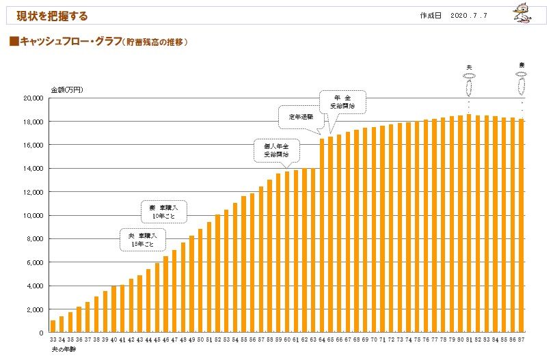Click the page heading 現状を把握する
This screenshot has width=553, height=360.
[53, 15]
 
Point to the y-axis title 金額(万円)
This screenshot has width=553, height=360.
[67, 90]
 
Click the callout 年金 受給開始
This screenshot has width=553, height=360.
[342, 102]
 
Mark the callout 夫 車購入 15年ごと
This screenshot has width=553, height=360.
[141, 239]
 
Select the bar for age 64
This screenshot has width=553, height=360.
[321, 236]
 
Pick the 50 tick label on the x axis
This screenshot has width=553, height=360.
[200, 340]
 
